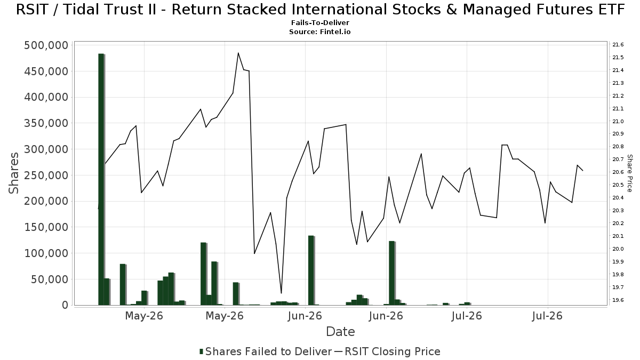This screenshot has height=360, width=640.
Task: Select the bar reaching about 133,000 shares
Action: (311, 270)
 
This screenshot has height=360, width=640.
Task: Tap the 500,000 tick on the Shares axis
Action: (46, 45)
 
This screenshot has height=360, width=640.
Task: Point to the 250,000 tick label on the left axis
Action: (46, 175)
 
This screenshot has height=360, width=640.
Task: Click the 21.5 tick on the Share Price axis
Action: (618, 58)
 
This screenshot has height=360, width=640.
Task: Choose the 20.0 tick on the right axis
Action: (618, 249)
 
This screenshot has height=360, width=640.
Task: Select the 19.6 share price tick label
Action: (618, 300)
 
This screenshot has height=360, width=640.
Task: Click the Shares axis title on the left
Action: (13, 173)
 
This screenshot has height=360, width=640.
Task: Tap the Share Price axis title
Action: (629, 173)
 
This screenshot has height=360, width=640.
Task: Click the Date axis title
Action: (340, 332)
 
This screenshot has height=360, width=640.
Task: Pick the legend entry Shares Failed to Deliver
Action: (266, 351)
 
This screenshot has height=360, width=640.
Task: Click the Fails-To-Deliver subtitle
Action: (320, 22)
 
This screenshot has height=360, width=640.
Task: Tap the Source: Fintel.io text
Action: (320, 31)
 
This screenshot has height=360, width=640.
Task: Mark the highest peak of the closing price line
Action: (238, 53)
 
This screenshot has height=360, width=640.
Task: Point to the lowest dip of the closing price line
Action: (281, 293)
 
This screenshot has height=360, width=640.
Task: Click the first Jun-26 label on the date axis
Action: (305, 316)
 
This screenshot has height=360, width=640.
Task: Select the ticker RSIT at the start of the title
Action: (34, 10)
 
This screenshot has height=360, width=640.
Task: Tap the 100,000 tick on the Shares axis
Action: (46, 253)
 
